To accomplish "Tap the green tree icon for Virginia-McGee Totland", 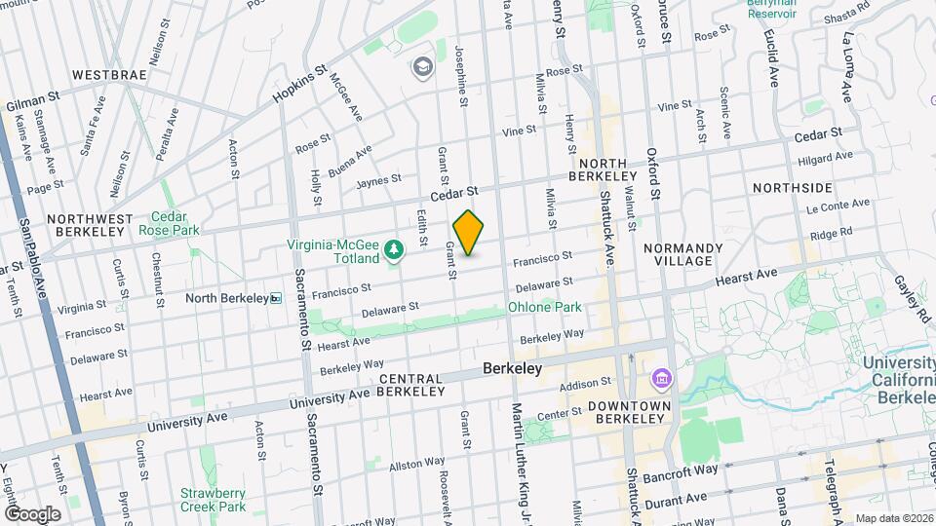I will click(394, 251).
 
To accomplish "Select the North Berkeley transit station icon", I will click(277, 298).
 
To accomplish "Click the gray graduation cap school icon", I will click(422, 66).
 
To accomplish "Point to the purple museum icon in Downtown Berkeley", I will click(661, 377).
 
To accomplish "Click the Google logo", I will click(32, 514).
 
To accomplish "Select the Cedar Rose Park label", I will click(175, 224).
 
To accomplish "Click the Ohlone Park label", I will click(544, 307).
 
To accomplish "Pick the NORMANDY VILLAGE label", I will click(682, 255).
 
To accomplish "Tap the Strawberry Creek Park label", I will click(213, 500).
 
